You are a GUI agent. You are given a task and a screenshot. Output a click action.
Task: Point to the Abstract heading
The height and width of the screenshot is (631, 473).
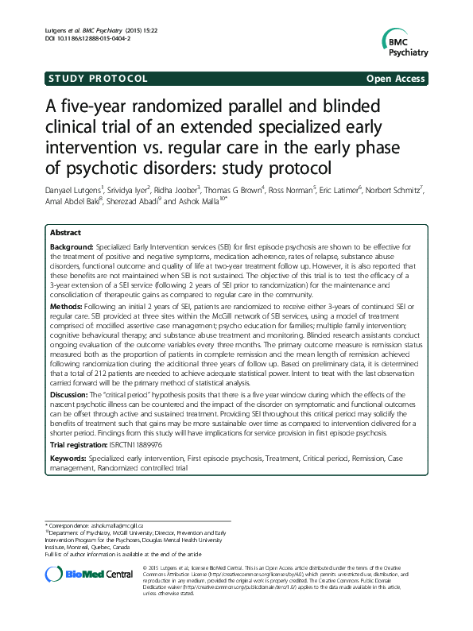tap(66, 211)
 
